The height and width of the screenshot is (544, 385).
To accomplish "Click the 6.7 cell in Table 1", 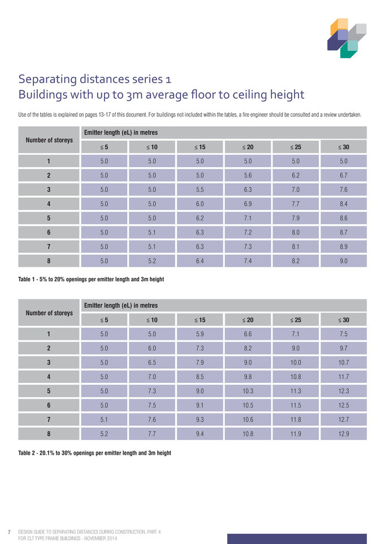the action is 343,175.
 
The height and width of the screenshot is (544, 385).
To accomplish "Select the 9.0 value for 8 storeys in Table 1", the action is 343,261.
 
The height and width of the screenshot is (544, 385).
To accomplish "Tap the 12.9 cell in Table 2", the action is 343,434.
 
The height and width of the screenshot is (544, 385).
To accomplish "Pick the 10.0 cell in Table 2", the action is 296,363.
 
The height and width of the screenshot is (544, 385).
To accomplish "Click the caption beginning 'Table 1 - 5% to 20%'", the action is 91,279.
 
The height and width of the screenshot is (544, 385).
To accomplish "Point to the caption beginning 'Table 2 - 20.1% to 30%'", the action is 94,452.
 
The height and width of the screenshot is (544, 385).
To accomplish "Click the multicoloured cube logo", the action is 347,38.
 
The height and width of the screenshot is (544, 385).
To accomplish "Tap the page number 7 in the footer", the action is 10,532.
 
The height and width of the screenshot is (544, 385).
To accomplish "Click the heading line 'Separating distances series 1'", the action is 94,79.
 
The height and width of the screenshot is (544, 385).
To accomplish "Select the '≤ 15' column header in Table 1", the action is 200,147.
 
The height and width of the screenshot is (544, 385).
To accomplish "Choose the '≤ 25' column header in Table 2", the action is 296,320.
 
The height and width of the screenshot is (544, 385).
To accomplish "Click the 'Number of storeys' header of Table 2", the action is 49,313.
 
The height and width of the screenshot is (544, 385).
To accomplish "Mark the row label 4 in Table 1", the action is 49,204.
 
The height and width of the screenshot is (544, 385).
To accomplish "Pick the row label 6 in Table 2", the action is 49,405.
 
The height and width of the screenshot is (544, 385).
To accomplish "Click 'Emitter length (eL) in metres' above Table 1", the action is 121,133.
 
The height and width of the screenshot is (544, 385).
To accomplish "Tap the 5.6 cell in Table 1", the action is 248,175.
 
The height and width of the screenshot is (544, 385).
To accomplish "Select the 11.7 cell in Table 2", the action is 343,377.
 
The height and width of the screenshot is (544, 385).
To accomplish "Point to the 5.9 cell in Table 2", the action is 200,334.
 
